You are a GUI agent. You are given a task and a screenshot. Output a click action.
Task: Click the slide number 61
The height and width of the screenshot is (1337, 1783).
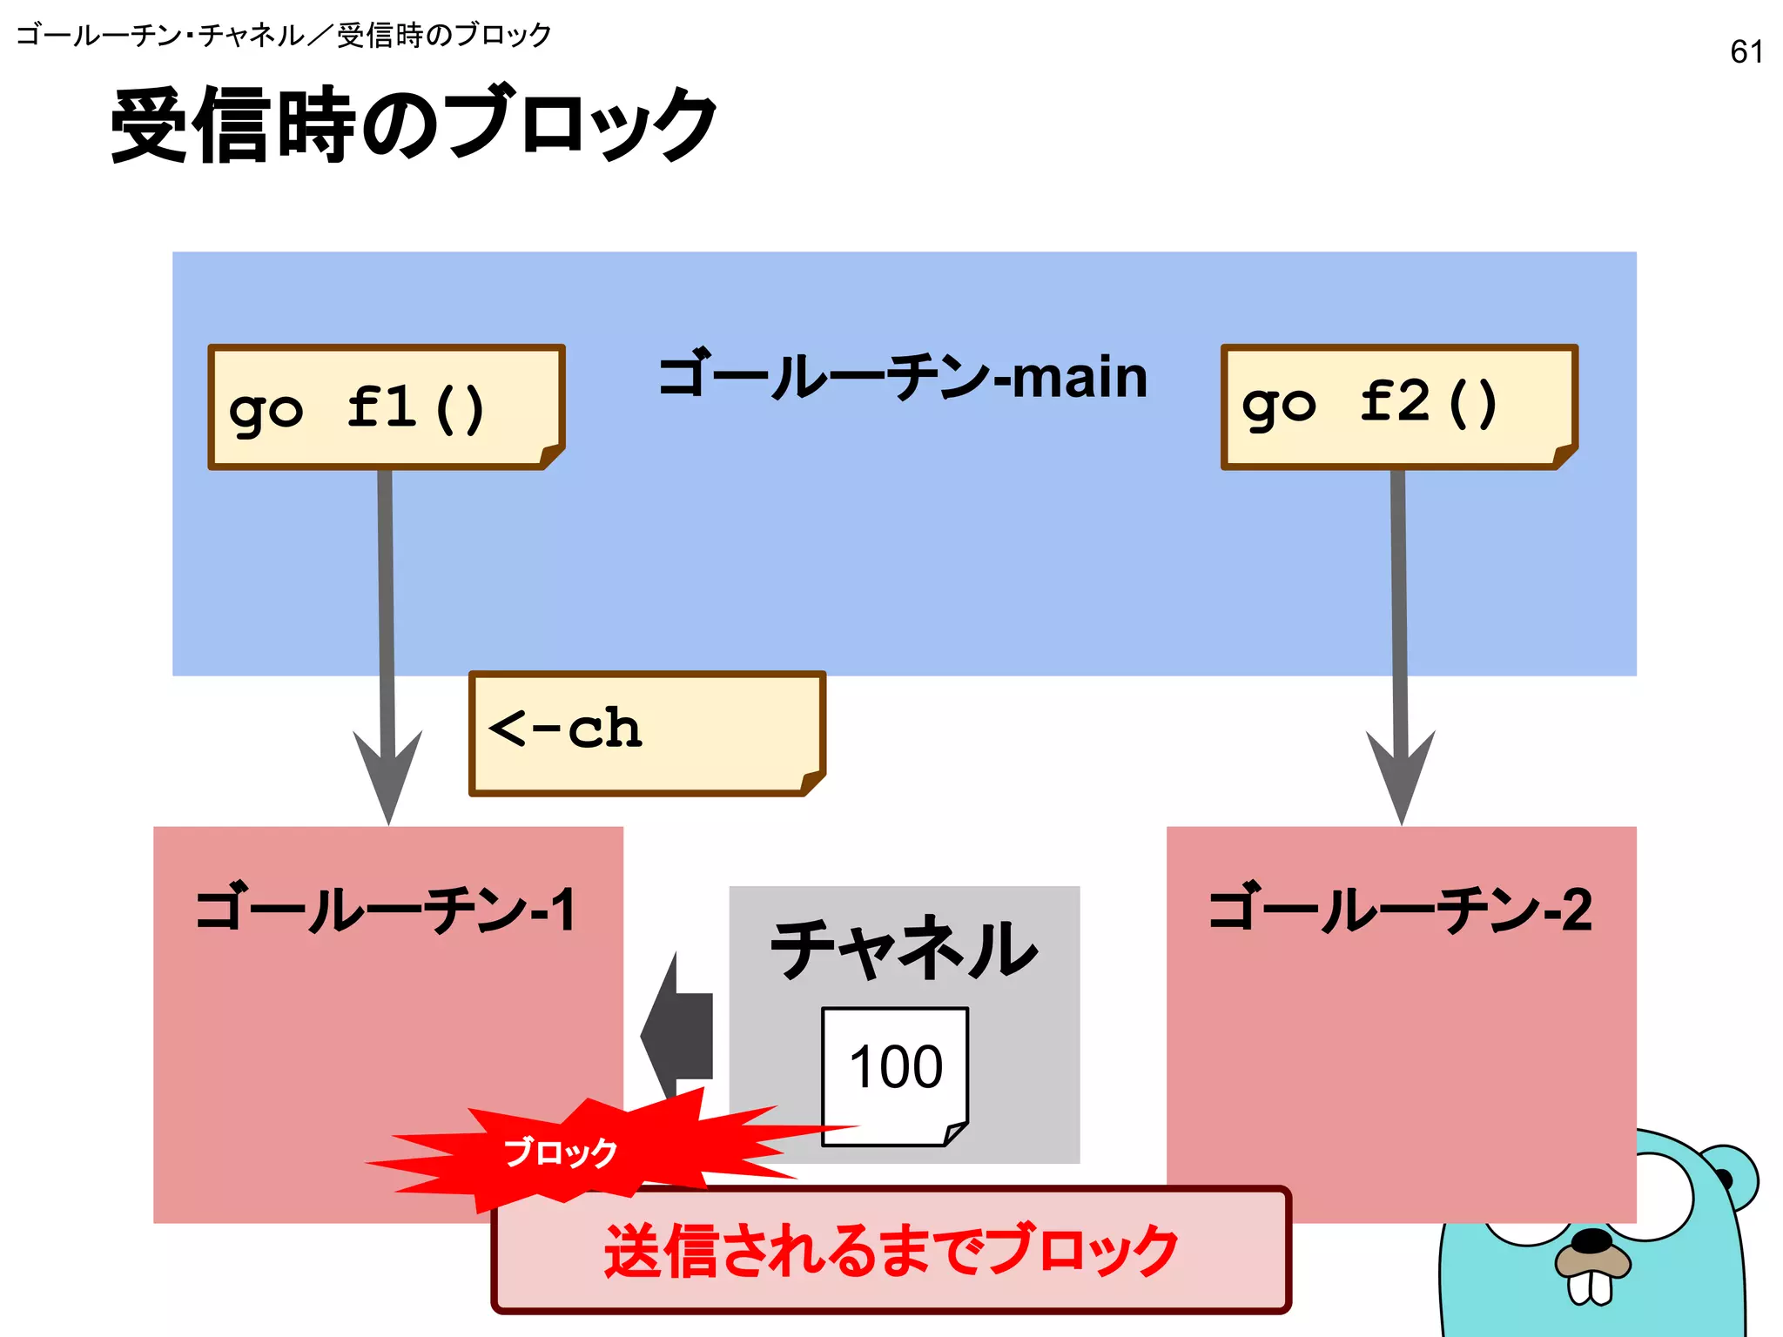coord(1746,52)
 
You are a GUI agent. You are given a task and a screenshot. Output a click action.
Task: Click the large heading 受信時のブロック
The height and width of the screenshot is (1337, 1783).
coord(414,124)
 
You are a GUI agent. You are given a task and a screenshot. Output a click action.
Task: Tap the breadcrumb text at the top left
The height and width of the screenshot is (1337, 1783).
coord(284,36)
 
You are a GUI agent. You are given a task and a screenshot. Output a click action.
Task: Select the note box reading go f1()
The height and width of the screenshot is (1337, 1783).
coord(386,407)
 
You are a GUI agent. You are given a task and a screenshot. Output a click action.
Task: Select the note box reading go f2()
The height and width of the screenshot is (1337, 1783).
coord(1398,406)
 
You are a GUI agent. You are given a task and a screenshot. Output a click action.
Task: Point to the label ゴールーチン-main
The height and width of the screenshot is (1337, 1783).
coord(903,378)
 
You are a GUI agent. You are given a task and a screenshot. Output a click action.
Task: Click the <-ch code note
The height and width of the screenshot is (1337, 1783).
coord(646,732)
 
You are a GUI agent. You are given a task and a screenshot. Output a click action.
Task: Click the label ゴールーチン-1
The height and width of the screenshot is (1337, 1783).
coord(386,910)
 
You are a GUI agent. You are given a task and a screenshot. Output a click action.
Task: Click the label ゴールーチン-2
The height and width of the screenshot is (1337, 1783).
coord(1400,910)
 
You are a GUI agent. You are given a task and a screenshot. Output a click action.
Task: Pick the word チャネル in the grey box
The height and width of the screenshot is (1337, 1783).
coord(904,949)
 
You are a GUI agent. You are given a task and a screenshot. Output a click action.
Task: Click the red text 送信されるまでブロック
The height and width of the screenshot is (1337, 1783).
coord(891,1250)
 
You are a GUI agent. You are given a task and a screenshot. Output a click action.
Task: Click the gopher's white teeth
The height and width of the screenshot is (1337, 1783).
coord(1590,1287)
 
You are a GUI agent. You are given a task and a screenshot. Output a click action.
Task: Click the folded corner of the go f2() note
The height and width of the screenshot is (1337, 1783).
coord(1564,455)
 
